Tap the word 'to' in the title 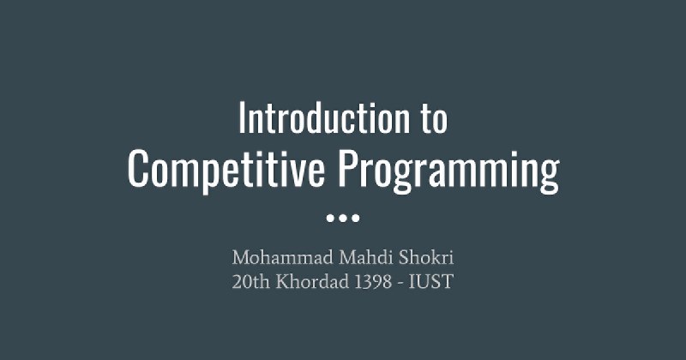pos(435,119)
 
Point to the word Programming pos(448,171)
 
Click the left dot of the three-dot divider pos(330,218)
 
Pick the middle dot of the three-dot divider pos(343,218)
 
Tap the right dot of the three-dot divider pos(356,218)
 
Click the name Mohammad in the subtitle pos(283,257)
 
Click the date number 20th pos(250,282)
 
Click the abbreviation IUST pos(431,282)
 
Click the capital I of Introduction pos(242,118)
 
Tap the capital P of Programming pos(348,168)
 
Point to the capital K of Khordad pos(283,282)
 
